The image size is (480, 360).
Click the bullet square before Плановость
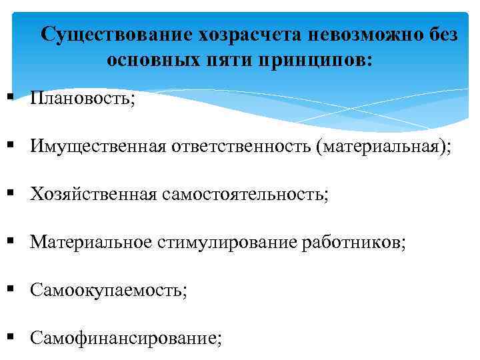pos(13,98)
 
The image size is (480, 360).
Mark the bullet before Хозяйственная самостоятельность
pos(13,193)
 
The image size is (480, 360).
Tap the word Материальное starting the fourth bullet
pos(92,242)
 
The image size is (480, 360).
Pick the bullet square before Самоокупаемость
pos(13,289)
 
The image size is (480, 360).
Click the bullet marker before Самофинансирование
pos(13,337)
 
